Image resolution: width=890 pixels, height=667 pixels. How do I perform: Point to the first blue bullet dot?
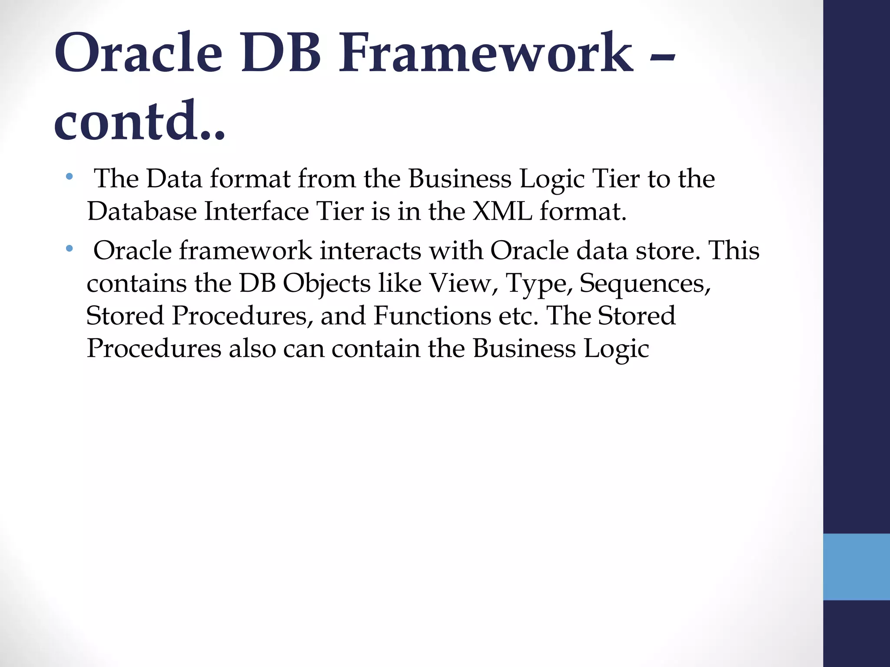click(69, 177)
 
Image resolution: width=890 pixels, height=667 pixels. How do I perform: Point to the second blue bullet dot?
click(69, 249)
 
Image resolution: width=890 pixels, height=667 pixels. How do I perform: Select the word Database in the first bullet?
click(142, 211)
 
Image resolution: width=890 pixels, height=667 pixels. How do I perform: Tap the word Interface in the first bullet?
click(256, 211)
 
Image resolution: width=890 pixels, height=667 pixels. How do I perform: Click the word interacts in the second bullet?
click(366, 251)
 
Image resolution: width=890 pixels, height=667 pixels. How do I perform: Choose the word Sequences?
click(645, 283)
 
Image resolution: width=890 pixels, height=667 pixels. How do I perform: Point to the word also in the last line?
click(252, 348)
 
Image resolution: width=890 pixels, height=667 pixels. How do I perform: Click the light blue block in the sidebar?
click(856, 567)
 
